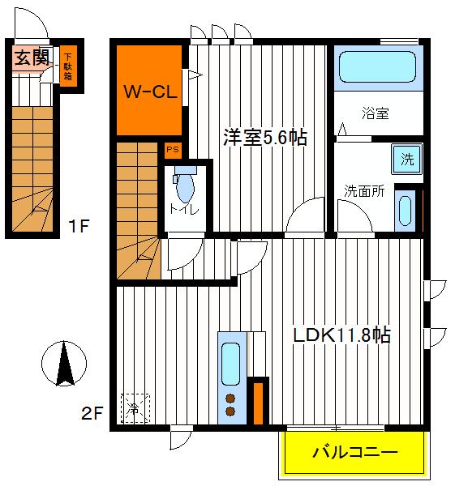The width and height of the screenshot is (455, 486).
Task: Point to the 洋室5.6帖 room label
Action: coord(265,138)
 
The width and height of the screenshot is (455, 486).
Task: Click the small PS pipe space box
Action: coord(171,149)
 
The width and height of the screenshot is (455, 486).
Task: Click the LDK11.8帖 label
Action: coord(341,335)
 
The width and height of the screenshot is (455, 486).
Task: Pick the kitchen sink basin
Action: coord(230,362)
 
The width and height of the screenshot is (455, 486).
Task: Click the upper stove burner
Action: coord(230,398)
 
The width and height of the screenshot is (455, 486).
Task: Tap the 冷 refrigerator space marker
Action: coord(135,407)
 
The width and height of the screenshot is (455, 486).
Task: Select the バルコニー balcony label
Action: coord(355,452)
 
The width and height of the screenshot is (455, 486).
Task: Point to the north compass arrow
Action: coord(66,362)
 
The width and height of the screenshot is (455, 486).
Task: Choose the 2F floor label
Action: coord(93,415)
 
